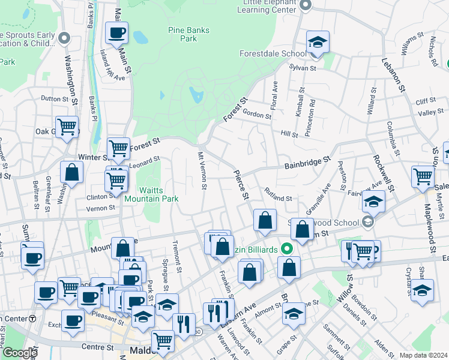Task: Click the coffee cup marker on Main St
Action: tap(116, 33)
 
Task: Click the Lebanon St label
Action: tap(393, 75)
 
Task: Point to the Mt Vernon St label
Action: tap(202, 171)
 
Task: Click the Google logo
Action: tap(19, 353)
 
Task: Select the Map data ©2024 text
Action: tap(423, 355)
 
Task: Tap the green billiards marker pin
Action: tap(288, 248)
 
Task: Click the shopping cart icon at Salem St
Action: tap(423, 176)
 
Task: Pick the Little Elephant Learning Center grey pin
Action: tap(305, 5)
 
